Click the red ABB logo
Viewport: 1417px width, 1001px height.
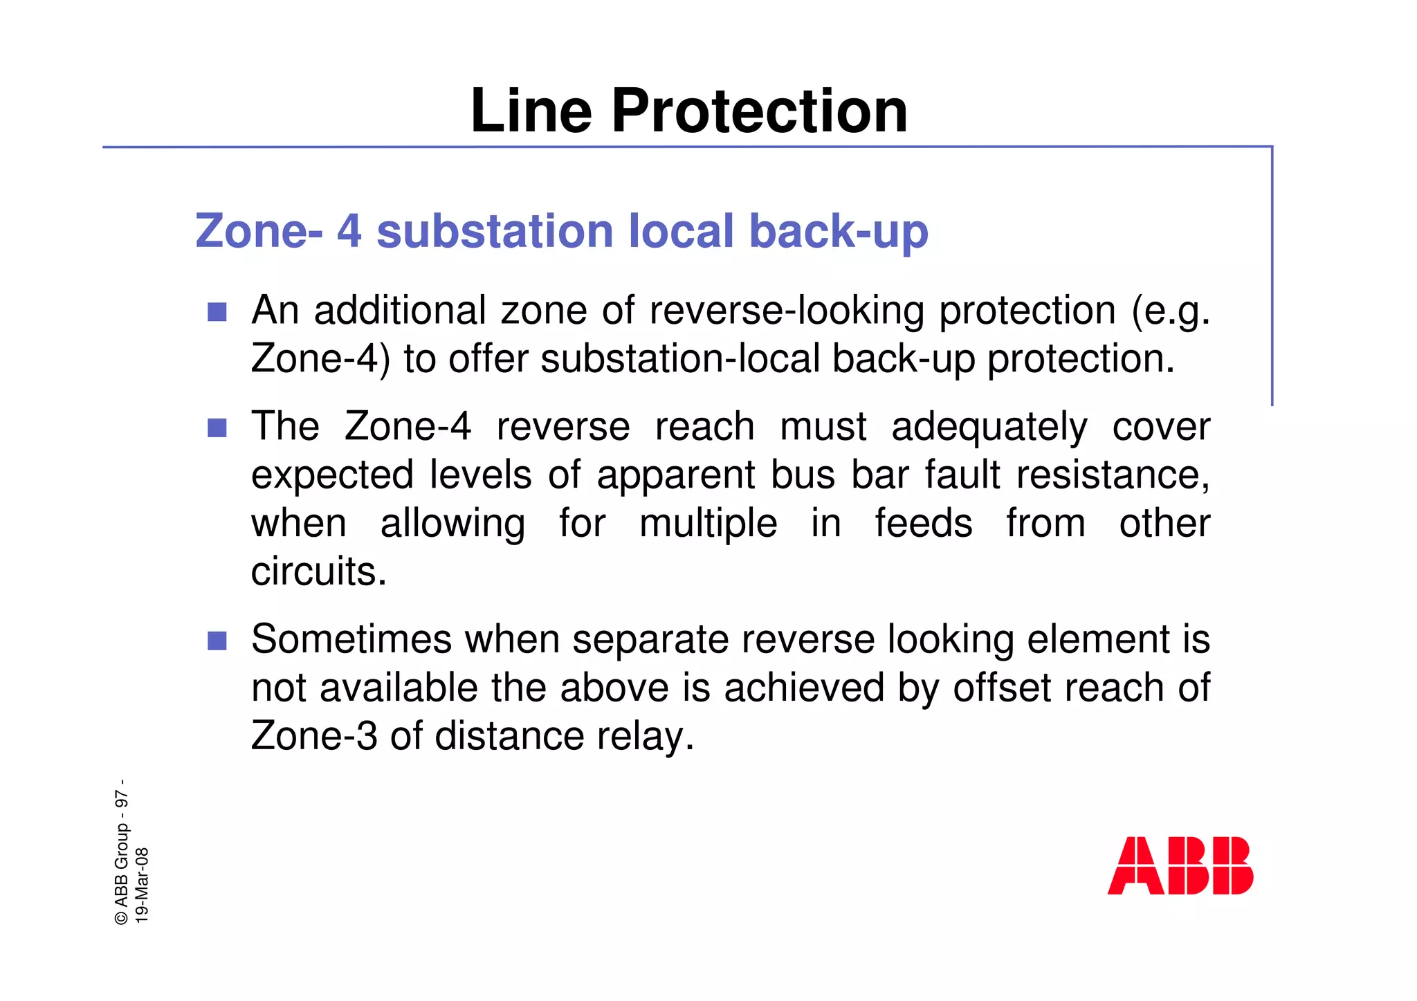pos(1180,865)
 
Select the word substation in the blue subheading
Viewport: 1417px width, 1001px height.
pos(495,231)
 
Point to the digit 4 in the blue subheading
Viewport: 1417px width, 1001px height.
pos(349,231)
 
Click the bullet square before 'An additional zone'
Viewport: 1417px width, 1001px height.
pos(217,312)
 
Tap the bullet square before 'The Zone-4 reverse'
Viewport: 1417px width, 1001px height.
pos(217,428)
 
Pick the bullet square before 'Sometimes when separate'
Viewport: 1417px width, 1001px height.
pos(217,641)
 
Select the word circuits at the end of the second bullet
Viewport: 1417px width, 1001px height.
pos(318,572)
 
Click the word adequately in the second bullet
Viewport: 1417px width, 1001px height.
pos(989,427)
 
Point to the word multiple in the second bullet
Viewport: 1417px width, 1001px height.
pos(708,524)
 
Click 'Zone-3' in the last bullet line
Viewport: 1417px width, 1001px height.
pos(314,736)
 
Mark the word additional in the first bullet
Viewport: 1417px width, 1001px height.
pos(400,311)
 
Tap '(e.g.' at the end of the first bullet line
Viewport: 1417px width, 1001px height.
pos(1171,311)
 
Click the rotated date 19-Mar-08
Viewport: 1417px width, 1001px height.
pos(142,885)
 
